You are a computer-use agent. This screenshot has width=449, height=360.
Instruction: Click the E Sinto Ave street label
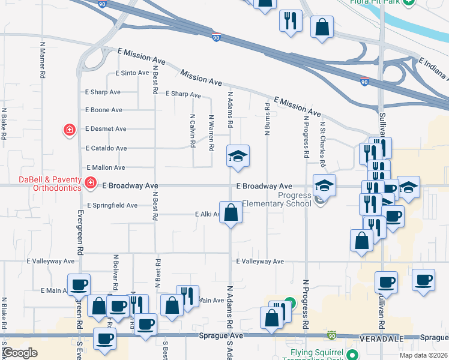pyautogui.click(x=131, y=73)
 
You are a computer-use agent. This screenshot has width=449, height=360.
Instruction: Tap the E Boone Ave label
pyautogui.click(x=104, y=110)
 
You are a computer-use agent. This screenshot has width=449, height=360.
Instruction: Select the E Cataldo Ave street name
pyautogui.click(x=106, y=148)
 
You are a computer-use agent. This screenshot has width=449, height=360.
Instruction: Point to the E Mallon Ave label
pyautogui.click(x=106, y=168)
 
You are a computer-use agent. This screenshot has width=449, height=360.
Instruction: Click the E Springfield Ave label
pyautogui.click(x=112, y=205)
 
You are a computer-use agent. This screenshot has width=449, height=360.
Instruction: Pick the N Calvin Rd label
pyautogui.click(x=193, y=131)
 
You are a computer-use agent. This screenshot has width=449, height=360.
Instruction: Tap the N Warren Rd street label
pyautogui.click(x=211, y=133)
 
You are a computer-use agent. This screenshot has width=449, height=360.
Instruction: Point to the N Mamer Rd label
pyautogui.click(x=43, y=61)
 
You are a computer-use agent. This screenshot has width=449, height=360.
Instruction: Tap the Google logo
pyautogui.click(x=20, y=353)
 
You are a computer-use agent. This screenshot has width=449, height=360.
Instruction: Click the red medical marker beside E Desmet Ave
pyautogui.click(x=70, y=130)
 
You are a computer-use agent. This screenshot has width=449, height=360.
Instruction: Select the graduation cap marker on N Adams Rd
pyautogui.click(x=238, y=156)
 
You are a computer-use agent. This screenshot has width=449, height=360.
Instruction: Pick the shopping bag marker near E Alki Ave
pyautogui.click(x=231, y=212)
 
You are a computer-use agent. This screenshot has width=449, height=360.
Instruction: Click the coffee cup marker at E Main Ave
pyautogui.click(x=79, y=284)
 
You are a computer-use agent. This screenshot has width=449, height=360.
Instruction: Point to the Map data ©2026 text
pyautogui.click(x=424, y=355)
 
